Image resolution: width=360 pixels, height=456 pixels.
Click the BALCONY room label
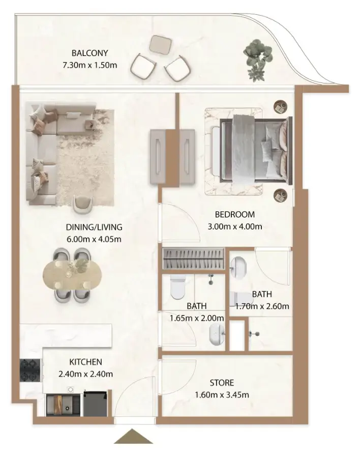coord(90,52)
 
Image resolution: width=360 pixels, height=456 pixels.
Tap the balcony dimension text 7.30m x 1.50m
coord(90,65)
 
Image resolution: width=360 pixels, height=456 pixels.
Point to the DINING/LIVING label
coord(94,227)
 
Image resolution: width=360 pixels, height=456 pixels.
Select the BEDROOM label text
coord(234,214)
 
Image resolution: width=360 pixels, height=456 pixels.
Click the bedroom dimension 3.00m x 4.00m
coord(234,226)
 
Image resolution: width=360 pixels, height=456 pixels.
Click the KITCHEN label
coord(86,362)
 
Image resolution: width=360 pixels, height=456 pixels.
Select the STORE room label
coord(222,382)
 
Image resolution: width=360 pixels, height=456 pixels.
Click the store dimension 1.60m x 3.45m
coord(222,394)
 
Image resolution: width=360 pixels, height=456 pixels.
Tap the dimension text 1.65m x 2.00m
coord(197,318)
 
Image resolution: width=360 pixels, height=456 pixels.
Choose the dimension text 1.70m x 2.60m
coord(262,306)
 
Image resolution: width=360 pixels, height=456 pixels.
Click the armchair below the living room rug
coord(83,204)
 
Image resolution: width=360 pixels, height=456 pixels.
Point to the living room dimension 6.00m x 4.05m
coord(94,239)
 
